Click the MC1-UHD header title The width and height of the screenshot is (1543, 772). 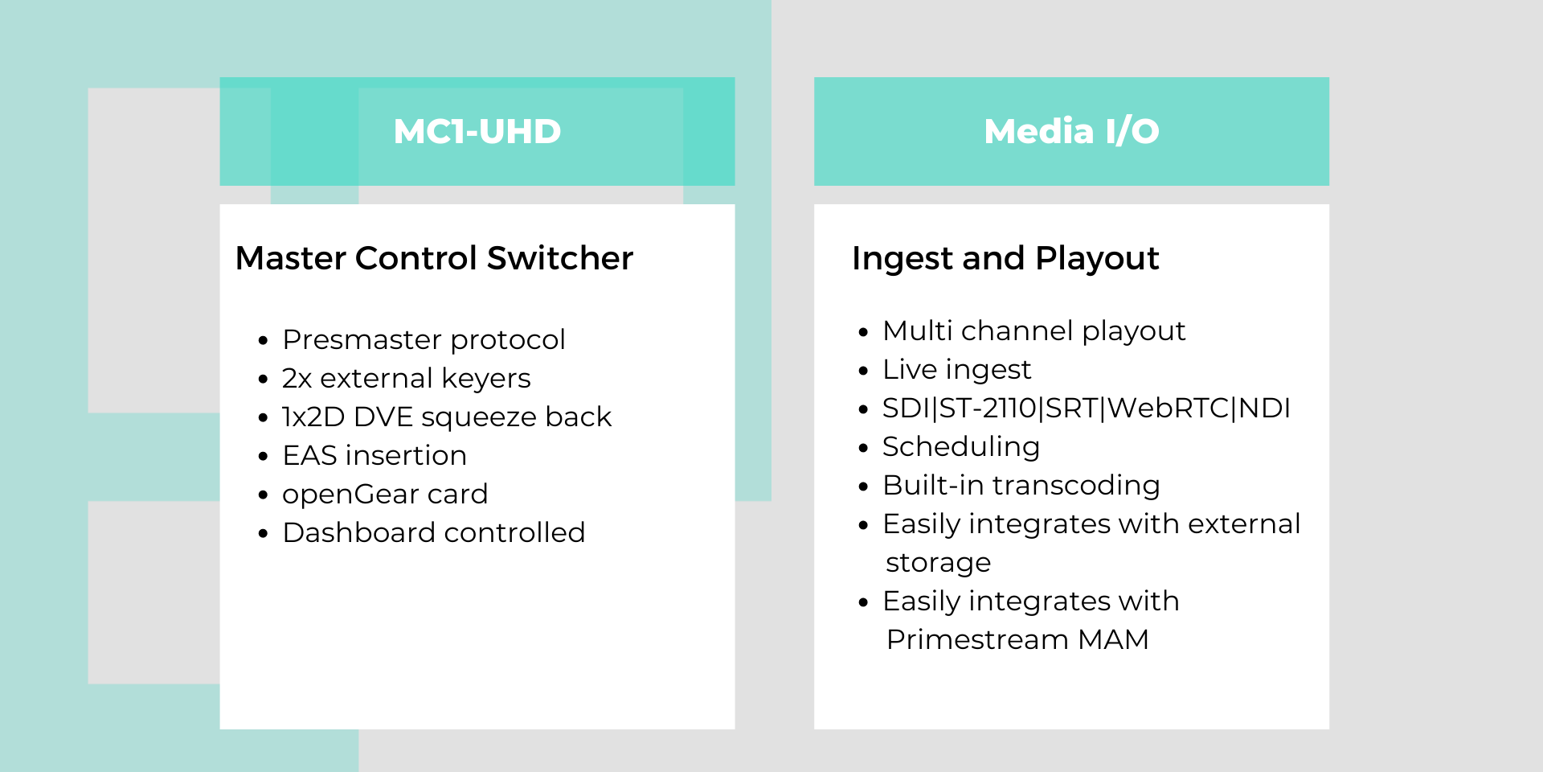(x=477, y=132)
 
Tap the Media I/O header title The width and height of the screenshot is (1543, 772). (x=1071, y=131)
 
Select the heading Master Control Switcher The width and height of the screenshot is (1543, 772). (x=434, y=258)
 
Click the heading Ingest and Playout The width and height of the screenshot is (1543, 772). (x=1005, y=259)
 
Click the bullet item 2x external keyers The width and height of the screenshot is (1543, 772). (x=406, y=378)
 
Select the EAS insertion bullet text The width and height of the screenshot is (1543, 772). (x=374, y=456)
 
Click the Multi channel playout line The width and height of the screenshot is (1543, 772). (x=1034, y=331)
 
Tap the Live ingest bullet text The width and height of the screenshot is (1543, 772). (x=956, y=370)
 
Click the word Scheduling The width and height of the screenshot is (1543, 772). (x=961, y=447)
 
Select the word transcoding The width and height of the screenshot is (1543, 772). (x=1076, y=486)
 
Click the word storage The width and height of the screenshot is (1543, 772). (x=938, y=563)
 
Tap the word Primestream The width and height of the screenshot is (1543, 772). (x=977, y=640)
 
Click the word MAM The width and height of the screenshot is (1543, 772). (x=1114, y=640)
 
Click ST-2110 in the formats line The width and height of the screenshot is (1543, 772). (x=988, y=409)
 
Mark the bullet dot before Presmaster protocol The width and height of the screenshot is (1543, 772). (x=263, y=341)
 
